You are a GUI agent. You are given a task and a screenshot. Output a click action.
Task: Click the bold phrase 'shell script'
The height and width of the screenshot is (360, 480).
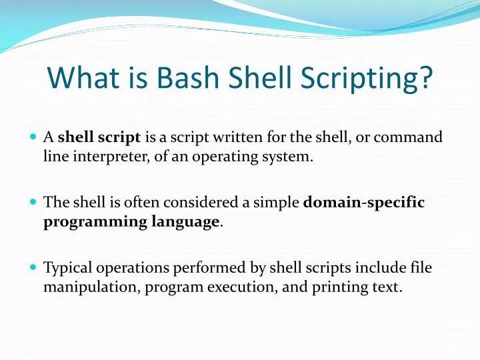click(99, 138)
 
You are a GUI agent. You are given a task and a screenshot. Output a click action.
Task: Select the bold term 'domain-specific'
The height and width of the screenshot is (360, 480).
click(363, 203)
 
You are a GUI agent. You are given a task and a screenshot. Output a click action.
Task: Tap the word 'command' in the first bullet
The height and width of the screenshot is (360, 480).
click(408, 138)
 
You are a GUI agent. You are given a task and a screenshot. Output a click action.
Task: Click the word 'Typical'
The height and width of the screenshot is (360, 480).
click(68, 268)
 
